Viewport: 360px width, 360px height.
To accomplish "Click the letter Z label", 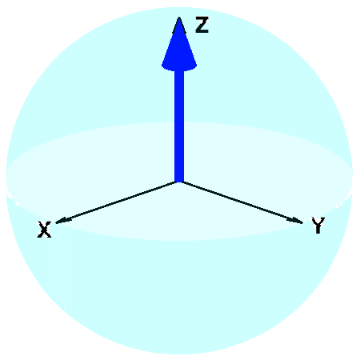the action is coord(202,25).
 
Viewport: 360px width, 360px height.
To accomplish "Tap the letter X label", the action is coord(44,229).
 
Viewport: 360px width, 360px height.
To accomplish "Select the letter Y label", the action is coord(318,226).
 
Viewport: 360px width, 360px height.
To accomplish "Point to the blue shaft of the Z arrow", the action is coord(179,126).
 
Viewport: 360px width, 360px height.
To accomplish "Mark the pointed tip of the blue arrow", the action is coord(179,18).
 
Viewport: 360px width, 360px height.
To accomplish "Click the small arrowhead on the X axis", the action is coord(61,220).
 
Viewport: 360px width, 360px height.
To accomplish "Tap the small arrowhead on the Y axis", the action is coord(297,221).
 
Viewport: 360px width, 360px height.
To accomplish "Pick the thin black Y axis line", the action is coord(242,202).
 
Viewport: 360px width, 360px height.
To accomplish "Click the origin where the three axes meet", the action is coord(179,182).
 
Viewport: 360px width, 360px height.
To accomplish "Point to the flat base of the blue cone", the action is coord(179,66).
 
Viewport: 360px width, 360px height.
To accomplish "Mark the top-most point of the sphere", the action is coord(179,7).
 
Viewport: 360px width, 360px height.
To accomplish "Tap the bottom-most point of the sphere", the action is coord(179,354).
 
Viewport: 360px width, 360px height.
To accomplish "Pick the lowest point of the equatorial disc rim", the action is coord(179,241).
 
